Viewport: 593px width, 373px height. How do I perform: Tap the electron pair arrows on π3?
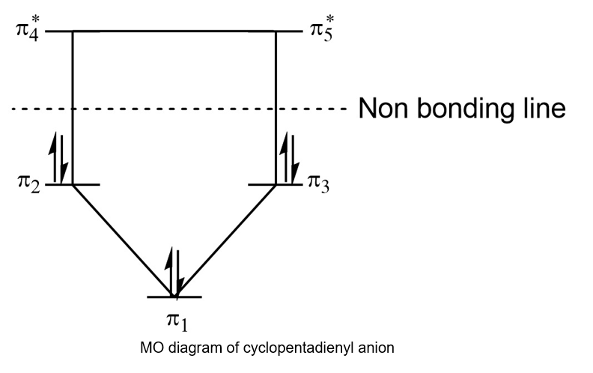click(x=290, y=159)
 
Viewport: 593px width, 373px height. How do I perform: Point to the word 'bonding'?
click(x=466, y=110)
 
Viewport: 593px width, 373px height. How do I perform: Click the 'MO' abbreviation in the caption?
click(x=149, y=348)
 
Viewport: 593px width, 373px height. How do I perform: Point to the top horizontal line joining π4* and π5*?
click(x=174, y=31)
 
